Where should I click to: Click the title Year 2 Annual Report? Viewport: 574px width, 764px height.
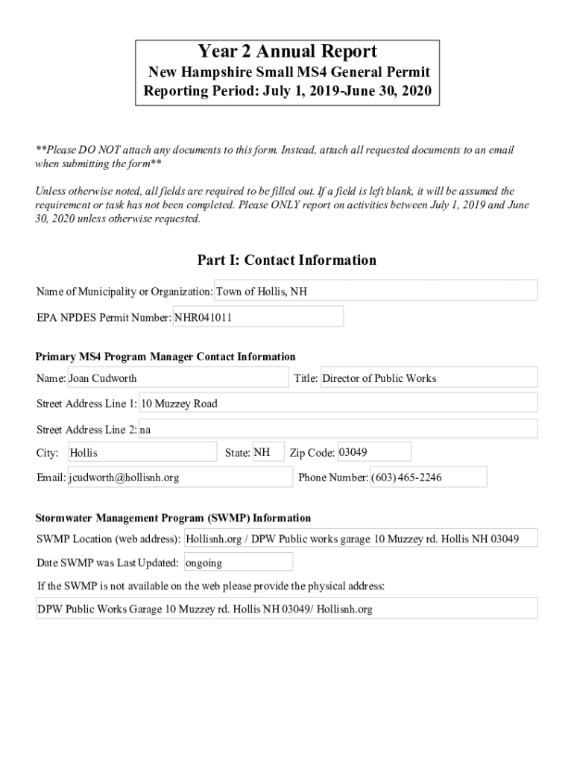(x=287, y=51)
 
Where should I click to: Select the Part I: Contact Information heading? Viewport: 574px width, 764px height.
(x=287, y=260)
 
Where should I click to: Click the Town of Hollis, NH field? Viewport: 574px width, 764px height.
(x=376, y=291)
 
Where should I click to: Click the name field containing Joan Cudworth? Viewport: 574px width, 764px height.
(x=177, y=378)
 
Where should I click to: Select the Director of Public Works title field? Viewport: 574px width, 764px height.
(x=428, y=378)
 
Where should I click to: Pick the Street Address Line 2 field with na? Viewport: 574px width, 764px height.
(x=338, y=429)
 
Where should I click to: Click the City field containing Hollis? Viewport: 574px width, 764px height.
(x=142, y=453)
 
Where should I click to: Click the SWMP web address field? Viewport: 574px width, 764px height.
(x=360, y=538)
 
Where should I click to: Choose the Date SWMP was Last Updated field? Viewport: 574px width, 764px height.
(x=238, y=563)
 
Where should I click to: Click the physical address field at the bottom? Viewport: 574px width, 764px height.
(x=287, y=609)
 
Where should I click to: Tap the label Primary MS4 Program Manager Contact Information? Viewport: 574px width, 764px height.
(x=165, y=357)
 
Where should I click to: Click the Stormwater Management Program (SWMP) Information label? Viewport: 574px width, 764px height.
(x=174, y=518)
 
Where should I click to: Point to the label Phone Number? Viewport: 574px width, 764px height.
(x=333, y=477)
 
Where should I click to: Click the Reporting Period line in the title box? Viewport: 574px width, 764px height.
(x=287, y=93)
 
